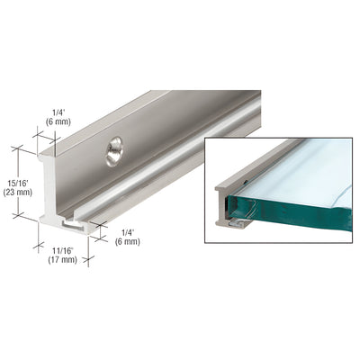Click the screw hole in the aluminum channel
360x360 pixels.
click(x=113, y=151)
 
